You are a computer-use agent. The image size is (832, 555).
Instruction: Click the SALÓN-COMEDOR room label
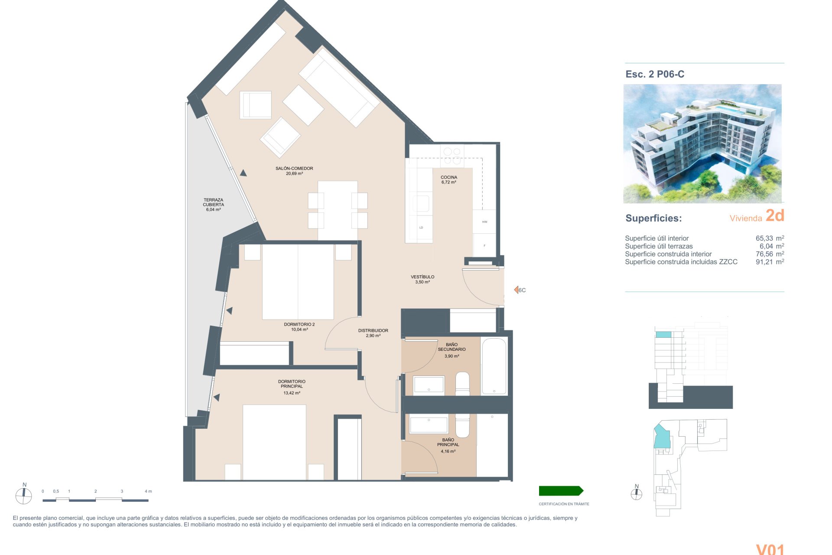tap(294, 168)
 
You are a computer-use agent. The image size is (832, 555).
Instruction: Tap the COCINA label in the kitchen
tap(449, 177)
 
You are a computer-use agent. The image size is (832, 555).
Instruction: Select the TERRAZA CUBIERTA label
tap(214, 202)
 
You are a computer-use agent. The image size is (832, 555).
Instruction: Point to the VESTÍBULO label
tap(422, 277)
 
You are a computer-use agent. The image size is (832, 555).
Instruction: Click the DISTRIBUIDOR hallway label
tap(373, 330)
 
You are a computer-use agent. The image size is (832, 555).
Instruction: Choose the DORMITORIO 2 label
tap(299, 324)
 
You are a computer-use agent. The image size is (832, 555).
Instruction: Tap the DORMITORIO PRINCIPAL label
tap(292, 384)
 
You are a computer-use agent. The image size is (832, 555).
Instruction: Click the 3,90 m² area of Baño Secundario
tap(452, 356)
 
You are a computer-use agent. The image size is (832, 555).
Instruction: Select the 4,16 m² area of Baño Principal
tap(448, 451)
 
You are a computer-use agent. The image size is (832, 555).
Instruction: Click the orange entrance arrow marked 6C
tap(517, 290)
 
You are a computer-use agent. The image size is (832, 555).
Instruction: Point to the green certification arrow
tap(561, 491)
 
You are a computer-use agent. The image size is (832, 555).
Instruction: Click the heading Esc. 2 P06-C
tap(655, 74)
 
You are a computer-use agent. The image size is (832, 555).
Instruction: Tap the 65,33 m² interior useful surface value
tap(770, 238)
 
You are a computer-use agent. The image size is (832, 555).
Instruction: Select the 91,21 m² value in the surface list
tap(770, 262)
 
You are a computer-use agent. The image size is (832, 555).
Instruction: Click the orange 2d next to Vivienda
tap(775, 215)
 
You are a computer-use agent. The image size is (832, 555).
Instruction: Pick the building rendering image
tap(702, 144)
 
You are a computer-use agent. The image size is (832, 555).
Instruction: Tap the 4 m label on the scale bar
tap(148, 491)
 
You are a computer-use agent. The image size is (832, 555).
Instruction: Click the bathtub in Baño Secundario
tap(494, 366)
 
